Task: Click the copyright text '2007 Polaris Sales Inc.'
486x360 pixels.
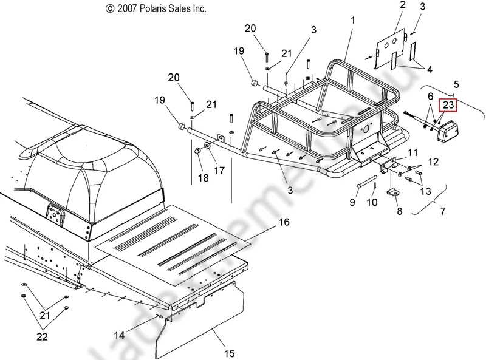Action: click(156, 9)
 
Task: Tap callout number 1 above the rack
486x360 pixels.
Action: click(352, 21)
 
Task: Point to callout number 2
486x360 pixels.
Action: click(402, 5)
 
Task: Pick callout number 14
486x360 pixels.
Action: click(120, 334)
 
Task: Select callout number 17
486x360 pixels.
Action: click(219, 171)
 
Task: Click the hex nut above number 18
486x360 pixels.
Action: click(199, 150)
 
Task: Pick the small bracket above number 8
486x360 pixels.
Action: click(393, 192)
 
